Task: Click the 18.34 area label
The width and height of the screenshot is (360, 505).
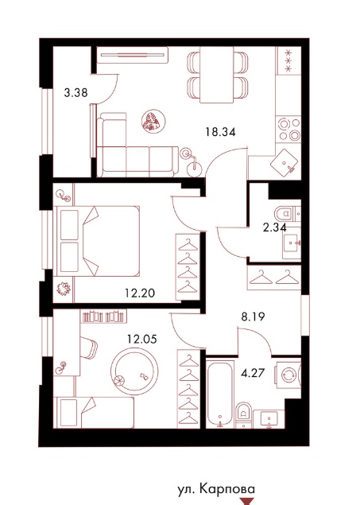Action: pos(221,132)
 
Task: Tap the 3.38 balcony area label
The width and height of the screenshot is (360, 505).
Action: pos(76,93)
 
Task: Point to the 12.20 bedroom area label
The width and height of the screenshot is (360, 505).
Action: pos(140,293)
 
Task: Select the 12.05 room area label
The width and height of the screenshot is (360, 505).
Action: pos(142,339)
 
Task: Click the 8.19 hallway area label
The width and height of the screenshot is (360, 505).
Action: pos(253,317)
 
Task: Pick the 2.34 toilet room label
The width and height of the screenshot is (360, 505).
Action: pos(274,227)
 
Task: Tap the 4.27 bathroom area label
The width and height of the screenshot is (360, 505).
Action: pos(253,373)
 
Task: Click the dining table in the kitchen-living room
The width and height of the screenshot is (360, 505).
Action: pos(217,75)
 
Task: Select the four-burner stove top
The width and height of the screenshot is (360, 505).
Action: pos(288,129)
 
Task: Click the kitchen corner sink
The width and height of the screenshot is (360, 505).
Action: pos(284,163)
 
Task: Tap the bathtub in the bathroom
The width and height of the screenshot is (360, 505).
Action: pos(220,393)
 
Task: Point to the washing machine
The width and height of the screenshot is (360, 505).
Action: pos(288,375)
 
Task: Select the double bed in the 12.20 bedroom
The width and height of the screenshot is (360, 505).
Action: pos(96,241)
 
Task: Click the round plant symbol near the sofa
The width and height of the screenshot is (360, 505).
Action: pos(153,121)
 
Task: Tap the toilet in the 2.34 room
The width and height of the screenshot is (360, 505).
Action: pos(284,213)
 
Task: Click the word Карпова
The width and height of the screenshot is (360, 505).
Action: pos(227,489)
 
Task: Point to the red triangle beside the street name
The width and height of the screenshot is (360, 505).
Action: pos(247,501)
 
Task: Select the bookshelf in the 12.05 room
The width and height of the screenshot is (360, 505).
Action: pos(103,317)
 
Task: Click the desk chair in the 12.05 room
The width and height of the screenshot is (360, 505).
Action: pos(88,348)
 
